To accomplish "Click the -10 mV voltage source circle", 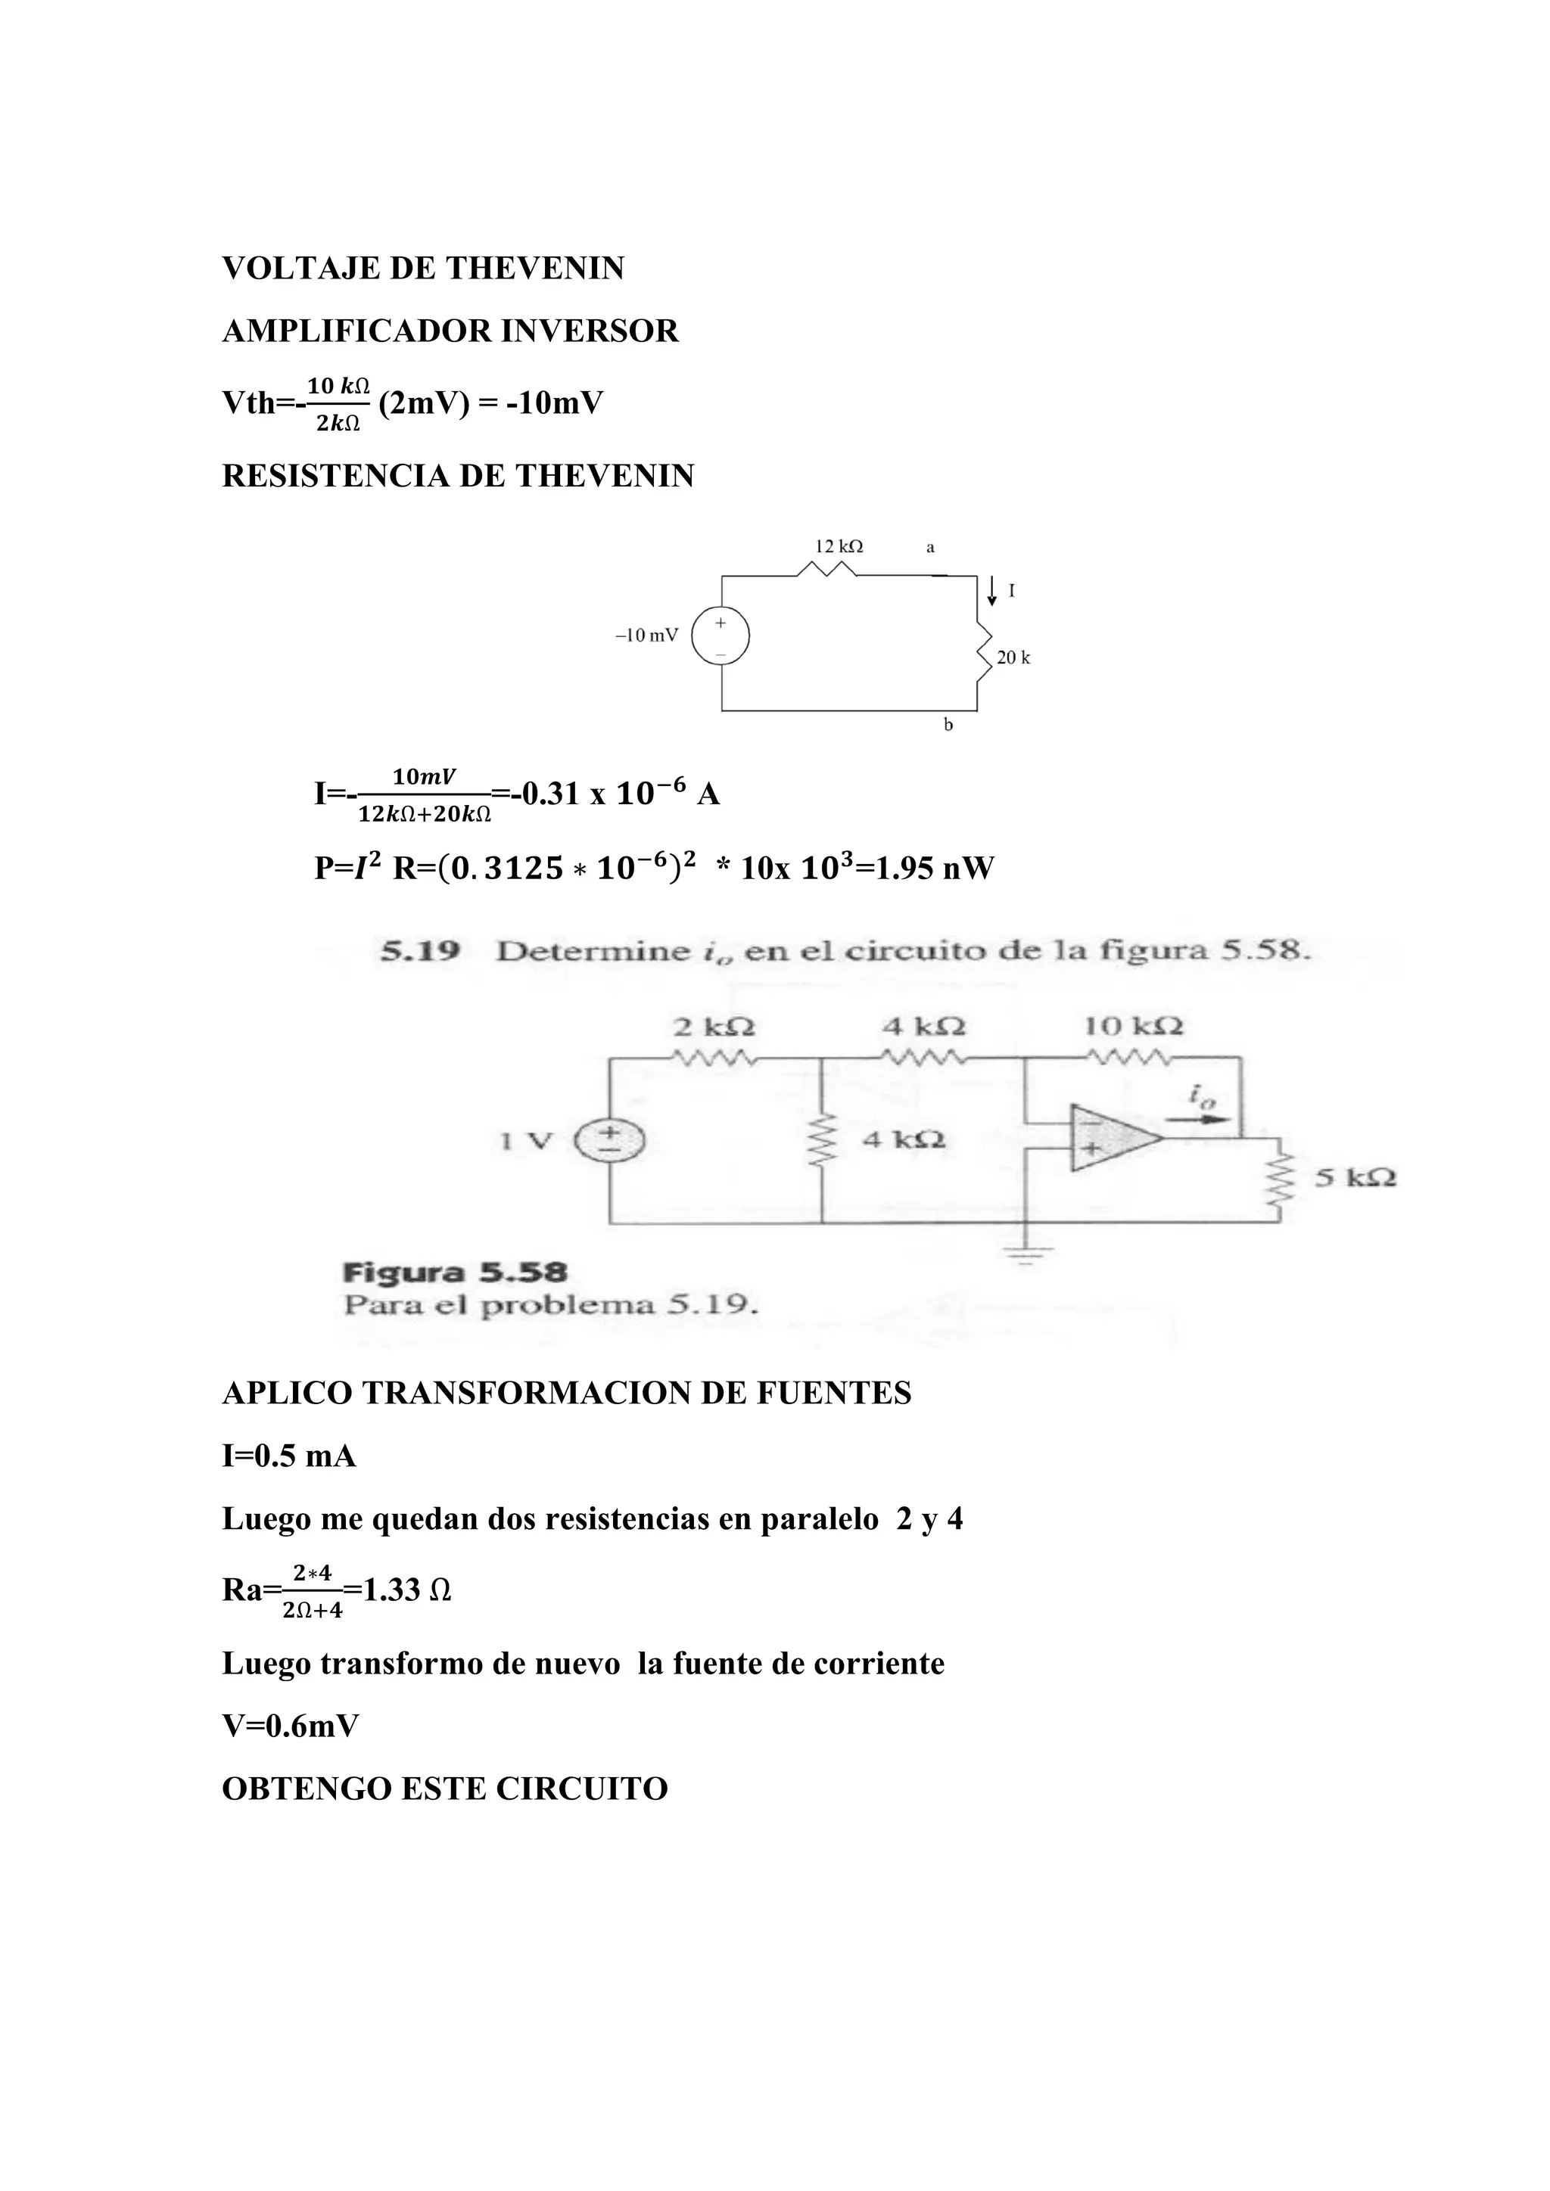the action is coord(721,636).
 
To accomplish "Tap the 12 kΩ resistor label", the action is coord(838,547).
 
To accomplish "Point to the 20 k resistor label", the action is coord(1013,657).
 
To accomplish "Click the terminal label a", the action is coord(931,548).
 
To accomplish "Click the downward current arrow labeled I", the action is coord(993,591).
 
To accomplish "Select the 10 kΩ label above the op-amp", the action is coord(1133,1027).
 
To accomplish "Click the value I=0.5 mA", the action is coord(288,1456).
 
